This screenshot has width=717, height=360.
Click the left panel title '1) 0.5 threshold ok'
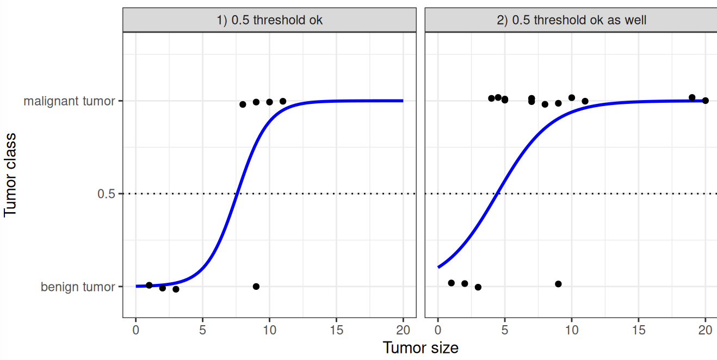click(x=269, y=20)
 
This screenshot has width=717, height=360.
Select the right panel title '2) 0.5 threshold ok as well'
click(x=571, y=20)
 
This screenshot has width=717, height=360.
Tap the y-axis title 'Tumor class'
click(x=10, y=175)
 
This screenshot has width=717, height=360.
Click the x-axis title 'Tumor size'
click(x=420, y=347)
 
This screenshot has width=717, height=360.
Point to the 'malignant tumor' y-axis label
click(x=69, y=101)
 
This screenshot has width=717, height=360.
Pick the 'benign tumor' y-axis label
click(x=78, y=287)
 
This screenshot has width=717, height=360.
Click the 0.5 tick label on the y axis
click(x=106, y=194)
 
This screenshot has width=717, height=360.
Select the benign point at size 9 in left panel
click(x=256, y=287)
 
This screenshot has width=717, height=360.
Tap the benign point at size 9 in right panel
click(x=558, y=284)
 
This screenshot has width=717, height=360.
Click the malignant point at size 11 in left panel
click(x=283, y=101)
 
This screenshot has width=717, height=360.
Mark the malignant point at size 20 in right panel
click(x=705, y=101)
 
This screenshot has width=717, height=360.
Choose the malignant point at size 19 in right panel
click(x=692, y=98)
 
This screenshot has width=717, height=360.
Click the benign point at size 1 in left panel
click(x=149, y=285)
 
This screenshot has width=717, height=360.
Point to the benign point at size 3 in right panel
click(x=478, y=287)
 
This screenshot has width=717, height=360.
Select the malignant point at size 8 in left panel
click(x=243, y=104)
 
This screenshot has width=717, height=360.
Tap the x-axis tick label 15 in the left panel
click(x=336, y=329)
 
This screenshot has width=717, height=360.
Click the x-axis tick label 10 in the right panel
click(x=571, y=329)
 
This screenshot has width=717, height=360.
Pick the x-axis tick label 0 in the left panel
click(x=136, y=329)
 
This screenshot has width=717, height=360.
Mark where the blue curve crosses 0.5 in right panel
click(x=496, y=194)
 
